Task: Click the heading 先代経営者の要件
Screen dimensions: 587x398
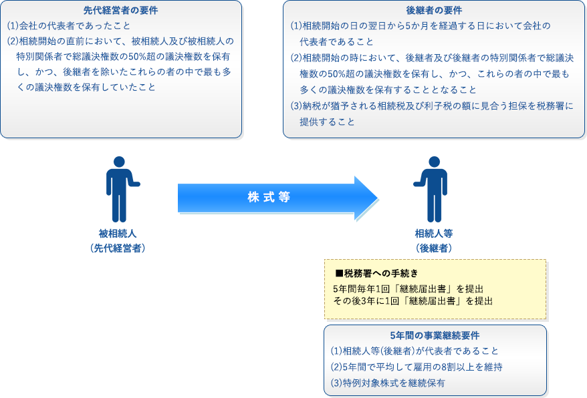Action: (x=120, y=11)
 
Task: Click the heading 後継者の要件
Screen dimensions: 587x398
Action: (x=434, y=11)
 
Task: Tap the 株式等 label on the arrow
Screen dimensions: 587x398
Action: (x=269, y=197)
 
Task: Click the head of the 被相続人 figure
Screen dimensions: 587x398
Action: (x=119, y=162)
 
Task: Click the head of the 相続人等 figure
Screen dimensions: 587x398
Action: (x=435, y=162)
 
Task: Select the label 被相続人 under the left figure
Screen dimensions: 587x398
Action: (x=118, y=234)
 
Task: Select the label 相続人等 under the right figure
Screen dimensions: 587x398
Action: (x=434, y=234)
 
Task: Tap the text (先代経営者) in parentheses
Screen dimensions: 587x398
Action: (x=118, y=248)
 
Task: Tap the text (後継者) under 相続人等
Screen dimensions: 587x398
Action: (x=434, y=248)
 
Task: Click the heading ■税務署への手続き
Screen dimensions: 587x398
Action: (x=376, y=273)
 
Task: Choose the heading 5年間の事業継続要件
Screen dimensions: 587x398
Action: (x=435, y=335)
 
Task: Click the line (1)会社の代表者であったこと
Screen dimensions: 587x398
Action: (x=68, y=26)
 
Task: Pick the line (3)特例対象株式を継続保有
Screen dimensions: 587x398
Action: (x=388, y=383)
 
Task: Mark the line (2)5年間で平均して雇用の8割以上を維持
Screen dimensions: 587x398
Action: (x=417, y=367)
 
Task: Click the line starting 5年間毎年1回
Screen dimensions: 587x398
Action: (x=408, y=289)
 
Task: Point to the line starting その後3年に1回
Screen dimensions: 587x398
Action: (x=413, y=301)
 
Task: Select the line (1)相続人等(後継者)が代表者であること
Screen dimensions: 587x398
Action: (x=415, y=351)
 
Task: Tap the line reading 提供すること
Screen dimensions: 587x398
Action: (x=327, y=122)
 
